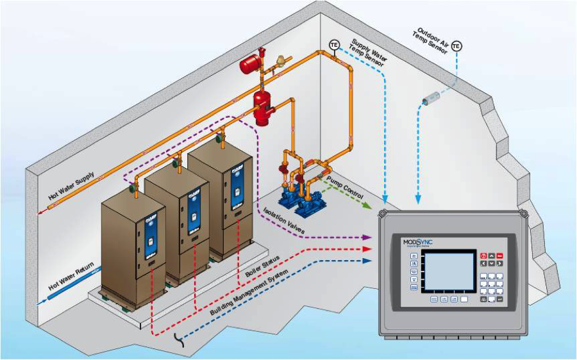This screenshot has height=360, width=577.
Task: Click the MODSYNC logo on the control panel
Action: (418, 242)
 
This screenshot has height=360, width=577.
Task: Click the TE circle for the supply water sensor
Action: (334, 44)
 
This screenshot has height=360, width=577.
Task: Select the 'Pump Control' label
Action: (345, 186)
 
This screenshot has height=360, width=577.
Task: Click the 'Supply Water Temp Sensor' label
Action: (368, 54)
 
